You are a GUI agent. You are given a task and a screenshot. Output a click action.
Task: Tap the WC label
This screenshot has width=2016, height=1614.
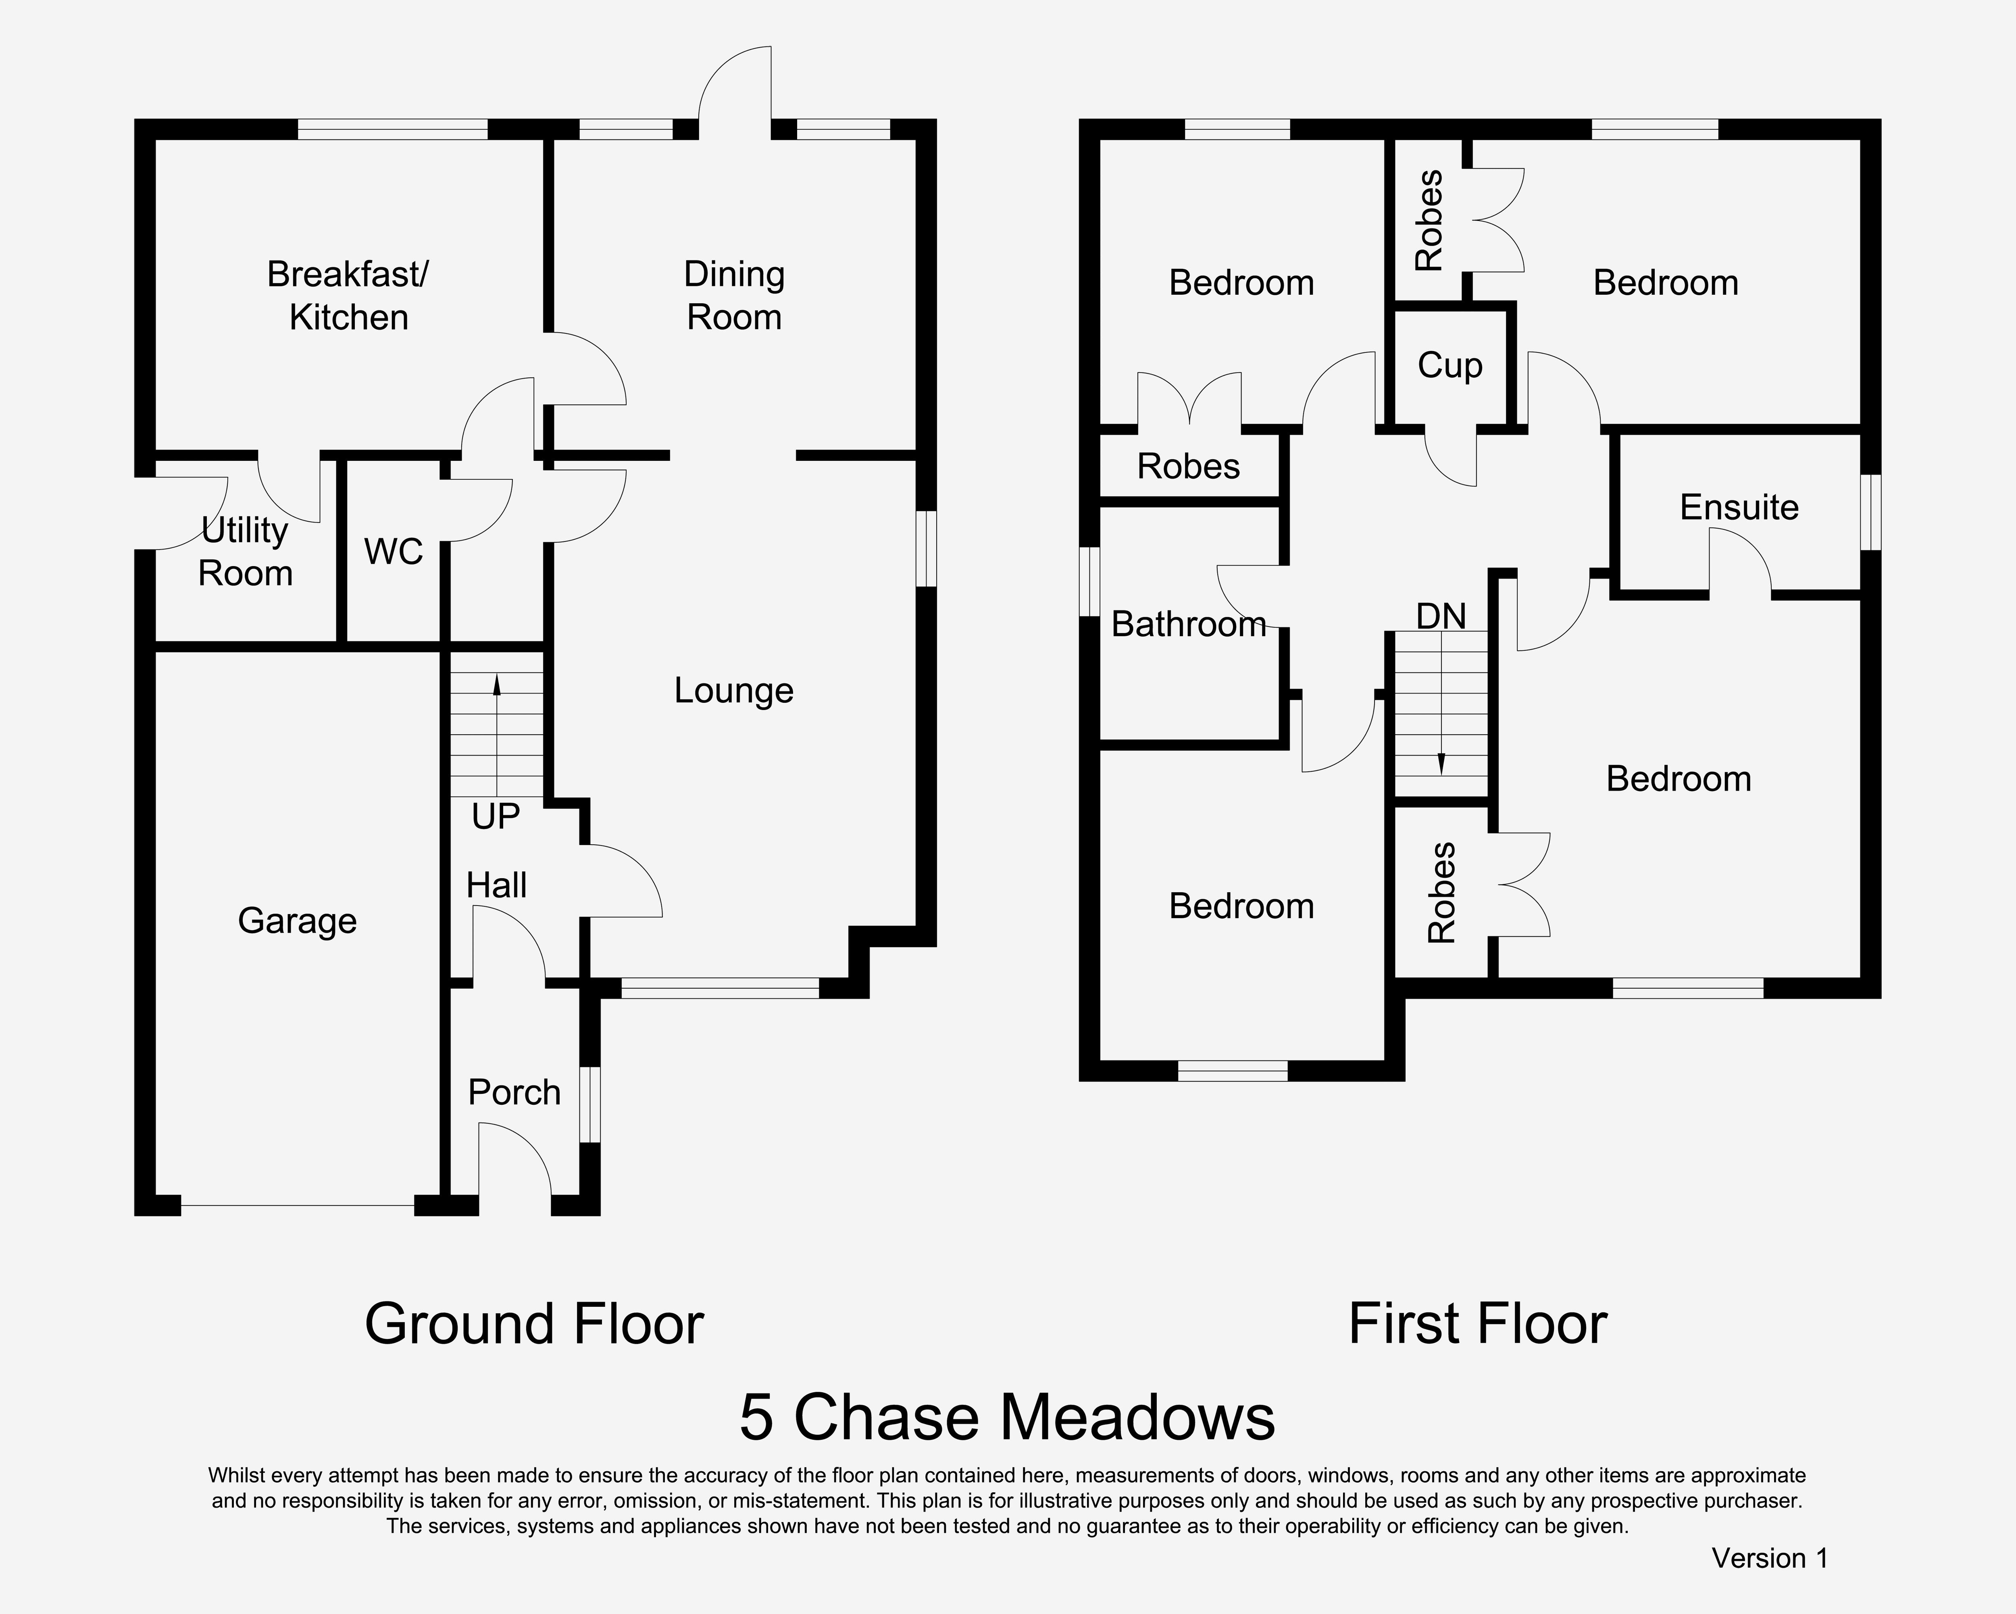pyautogui.click(x=394, y=552)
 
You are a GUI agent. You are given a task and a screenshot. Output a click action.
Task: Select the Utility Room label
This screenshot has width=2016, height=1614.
pyautogui.click(x=245, y=552)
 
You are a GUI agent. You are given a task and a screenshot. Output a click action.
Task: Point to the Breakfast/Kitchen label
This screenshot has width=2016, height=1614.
pyautogui.click(x=348, y=296)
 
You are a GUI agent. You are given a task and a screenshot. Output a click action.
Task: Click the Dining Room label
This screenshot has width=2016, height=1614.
pyautogui.click(x=734, y=296)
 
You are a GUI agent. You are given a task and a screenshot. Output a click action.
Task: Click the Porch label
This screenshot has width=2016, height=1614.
pyautogui.click(x=514, y=1092)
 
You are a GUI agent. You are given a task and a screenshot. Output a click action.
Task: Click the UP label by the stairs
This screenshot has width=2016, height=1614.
pyautogui.click(x=496, y=816)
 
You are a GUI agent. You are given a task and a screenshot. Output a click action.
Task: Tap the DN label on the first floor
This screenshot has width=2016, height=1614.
pyautogui.click(x=1441, y=616)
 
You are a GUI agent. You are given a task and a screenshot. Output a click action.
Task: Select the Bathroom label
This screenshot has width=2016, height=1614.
pyautogui.click(x=1189, y=624)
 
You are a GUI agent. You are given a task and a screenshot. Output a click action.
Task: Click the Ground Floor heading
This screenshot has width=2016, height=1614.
pyautogui.click(x=534, y=1324)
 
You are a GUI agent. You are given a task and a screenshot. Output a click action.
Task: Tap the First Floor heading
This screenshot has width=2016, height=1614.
pyautogui.click(x=1477, y=1324)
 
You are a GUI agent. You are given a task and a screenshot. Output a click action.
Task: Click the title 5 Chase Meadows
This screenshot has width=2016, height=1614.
pyautogui.click(x=1007, y=1417)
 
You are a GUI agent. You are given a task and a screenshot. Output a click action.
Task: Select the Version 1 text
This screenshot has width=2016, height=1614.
pyautogui.click(x=1769, y=1558)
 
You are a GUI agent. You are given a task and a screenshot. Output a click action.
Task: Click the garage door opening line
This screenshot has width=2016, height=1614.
pyautogui.click(x=297, y=1205)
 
